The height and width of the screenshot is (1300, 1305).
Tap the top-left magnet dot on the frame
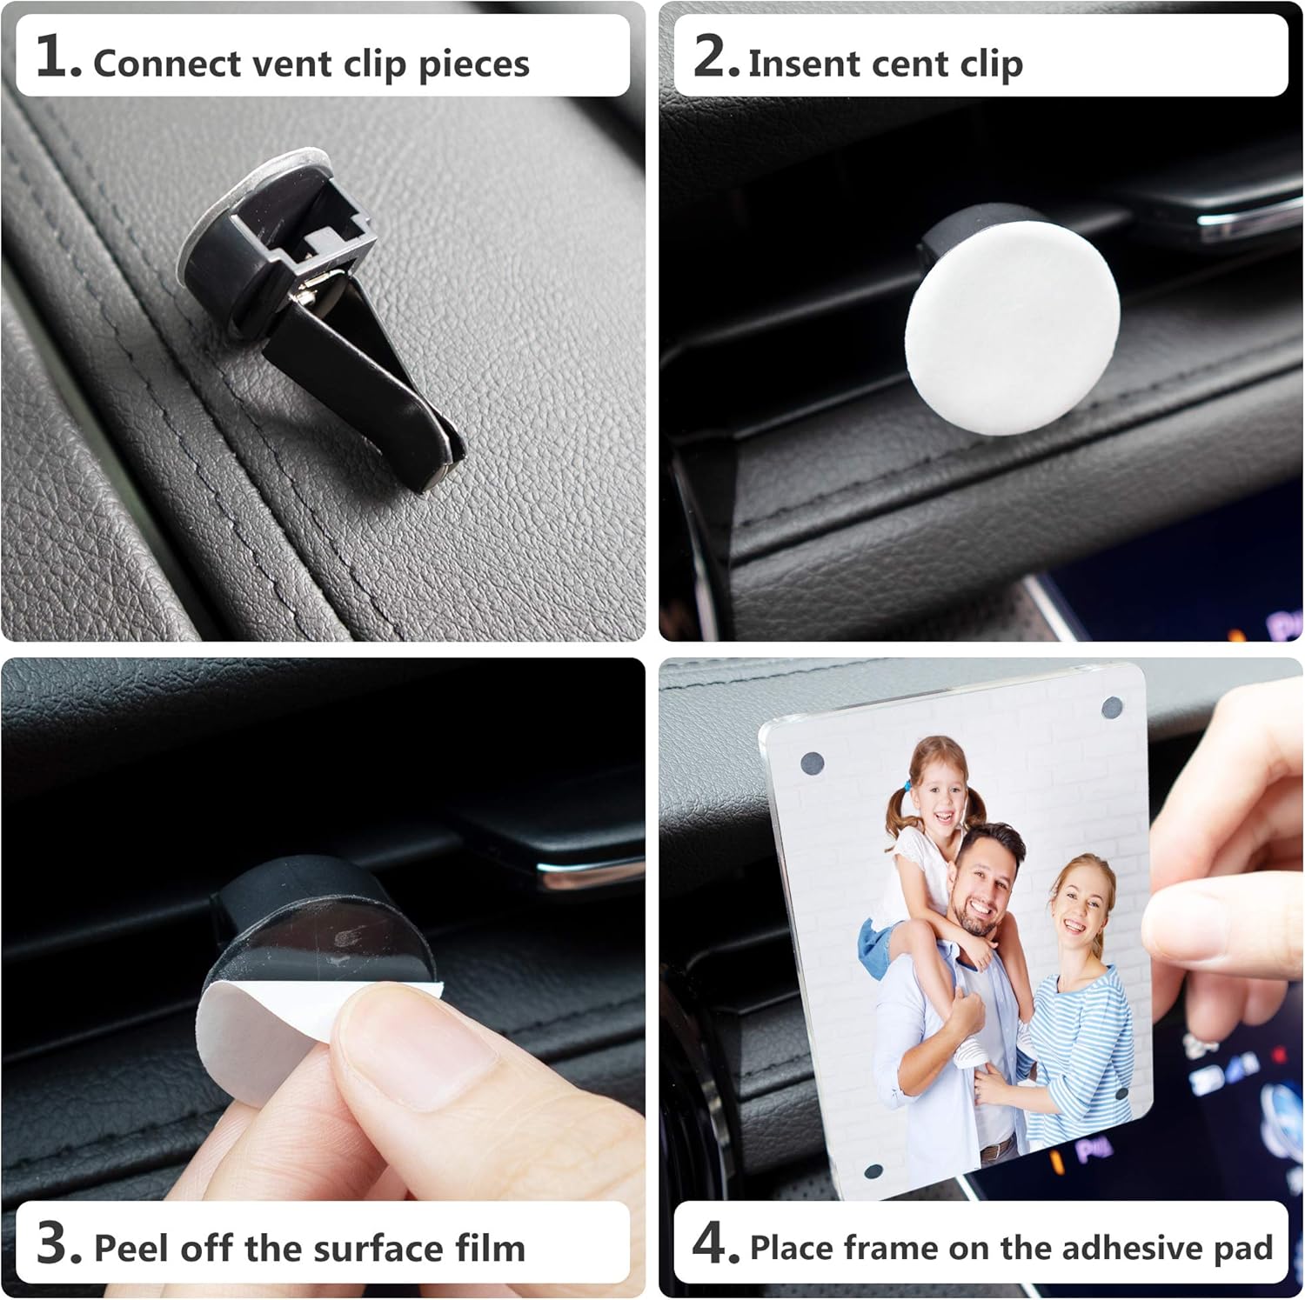click(x=813, y=764)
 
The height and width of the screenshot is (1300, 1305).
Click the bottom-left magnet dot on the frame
click(x=873, y=1171)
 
